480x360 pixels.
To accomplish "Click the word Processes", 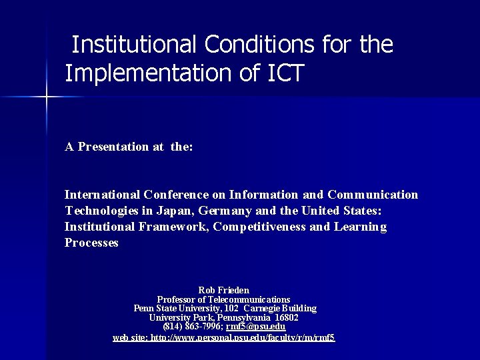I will (x=91, y=243).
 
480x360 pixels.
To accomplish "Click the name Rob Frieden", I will (x=224, y=290).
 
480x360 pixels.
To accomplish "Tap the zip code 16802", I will (x=287, y=317).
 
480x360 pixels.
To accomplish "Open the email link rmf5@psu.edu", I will (x=256, y=327).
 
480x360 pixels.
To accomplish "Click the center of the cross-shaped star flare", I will (x=47, y=97).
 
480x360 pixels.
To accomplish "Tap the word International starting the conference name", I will (x=102, y=195).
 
